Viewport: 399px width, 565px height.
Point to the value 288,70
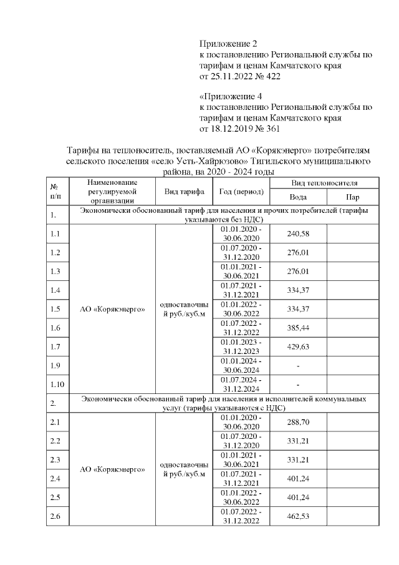[298, 422]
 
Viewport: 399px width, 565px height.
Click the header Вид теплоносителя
[324, 183]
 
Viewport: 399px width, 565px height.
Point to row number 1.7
[55, 346]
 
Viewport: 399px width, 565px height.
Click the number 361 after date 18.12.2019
[273, 129]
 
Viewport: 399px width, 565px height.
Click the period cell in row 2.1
[241, 422]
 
